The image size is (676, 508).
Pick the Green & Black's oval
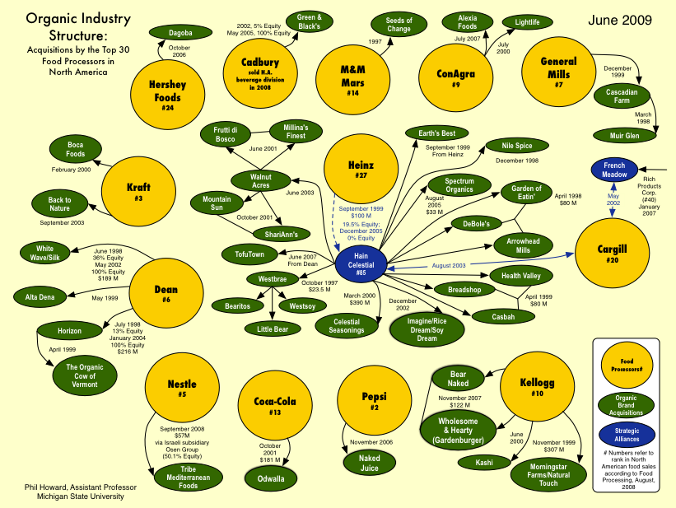309,22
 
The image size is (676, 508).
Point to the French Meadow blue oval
614,170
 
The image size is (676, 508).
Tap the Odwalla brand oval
273,478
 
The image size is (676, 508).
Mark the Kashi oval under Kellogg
485,463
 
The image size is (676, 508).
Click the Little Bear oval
272,328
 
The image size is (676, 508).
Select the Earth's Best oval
436,133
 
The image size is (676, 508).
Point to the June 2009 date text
618,19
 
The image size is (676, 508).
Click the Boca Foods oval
75,149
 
